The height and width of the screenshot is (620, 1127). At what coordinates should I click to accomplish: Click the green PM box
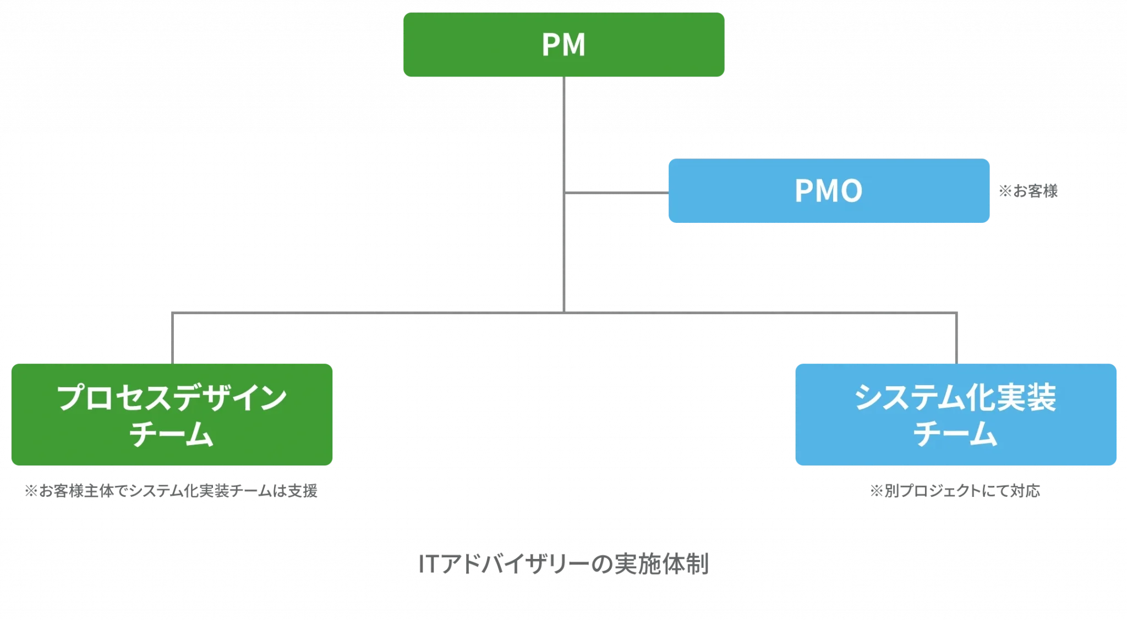coord(563,45)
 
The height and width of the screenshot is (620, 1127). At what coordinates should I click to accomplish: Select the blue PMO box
coord(829,191)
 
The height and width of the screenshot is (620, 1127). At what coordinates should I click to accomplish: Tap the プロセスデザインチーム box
coord(172,414)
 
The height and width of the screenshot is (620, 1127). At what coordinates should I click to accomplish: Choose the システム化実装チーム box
coord(956,414)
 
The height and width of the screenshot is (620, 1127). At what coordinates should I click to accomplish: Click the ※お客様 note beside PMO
coord(1028,191)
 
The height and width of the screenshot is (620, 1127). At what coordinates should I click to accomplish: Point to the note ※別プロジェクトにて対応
coord(955,491)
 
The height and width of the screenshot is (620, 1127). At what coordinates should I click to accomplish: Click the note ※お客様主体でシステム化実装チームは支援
coord(171,491)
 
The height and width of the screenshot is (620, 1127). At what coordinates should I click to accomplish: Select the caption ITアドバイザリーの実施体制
coord(563,564)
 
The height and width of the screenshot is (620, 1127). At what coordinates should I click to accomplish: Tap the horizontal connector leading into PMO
coord(617,193)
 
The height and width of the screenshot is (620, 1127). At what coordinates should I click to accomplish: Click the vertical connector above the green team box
coord(173,338)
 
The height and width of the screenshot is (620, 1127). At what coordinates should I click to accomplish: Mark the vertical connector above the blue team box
coord(956,338)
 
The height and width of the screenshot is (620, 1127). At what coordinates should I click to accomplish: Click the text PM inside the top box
coord(563,45)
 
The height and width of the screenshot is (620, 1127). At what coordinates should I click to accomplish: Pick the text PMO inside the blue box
coord(829,191)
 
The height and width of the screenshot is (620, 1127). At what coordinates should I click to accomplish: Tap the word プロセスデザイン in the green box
coord(172,397)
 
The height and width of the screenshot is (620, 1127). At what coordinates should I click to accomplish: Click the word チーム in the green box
coord(171,434)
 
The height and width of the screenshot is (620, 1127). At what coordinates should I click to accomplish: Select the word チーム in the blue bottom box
coord(955,434)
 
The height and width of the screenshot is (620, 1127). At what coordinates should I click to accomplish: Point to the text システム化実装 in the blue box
coord(955,397)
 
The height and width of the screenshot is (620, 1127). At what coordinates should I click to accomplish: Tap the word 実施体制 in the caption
coord(661,564)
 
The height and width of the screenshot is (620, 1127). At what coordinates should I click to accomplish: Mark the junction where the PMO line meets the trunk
coord(564,193)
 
